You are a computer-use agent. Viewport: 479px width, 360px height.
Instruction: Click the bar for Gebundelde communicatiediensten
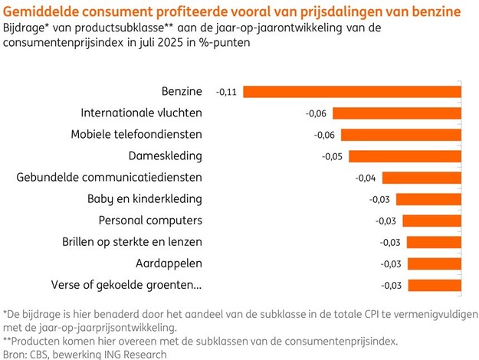tap(421, 178)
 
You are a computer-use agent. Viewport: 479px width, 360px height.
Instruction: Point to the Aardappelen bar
tap(435, 264)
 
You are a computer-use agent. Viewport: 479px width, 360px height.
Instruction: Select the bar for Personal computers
tap(432, 221)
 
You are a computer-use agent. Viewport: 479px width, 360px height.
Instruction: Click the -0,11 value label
tap(226, 92)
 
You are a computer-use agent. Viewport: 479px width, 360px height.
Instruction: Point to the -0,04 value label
tap(366, 178)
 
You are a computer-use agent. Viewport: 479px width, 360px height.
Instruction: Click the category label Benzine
tap(182, 91)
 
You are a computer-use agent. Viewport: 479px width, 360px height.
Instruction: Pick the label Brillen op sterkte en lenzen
tap(132, 242)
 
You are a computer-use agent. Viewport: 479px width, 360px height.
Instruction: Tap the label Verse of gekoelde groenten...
tap(126, 286)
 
